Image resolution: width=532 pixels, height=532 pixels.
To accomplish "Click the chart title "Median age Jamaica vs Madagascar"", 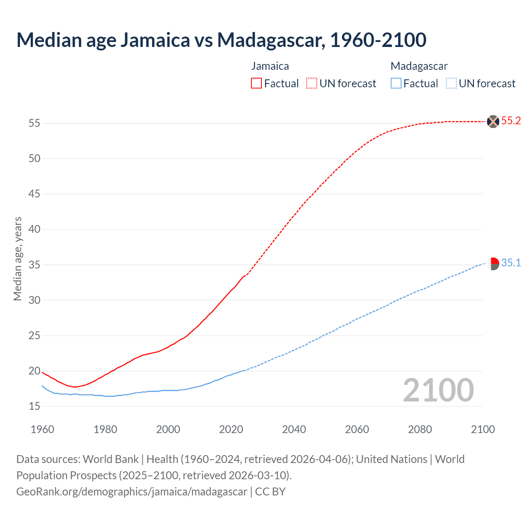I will [x=221, y=40].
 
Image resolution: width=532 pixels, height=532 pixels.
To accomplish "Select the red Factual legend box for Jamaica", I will [x=256, y=83].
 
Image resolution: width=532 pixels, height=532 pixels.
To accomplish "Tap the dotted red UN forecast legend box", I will [x=312, y=83].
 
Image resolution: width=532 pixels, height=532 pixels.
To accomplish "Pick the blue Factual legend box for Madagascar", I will [x=396, y=83].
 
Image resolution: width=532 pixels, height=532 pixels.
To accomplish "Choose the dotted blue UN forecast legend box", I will [x=451, y=83].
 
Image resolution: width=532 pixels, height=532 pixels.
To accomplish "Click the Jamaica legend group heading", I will [x=270, y=66].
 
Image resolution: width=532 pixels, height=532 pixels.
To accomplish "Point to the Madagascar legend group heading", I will [x=419, y=66].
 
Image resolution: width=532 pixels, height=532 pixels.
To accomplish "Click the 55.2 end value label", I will [x=511, y=121].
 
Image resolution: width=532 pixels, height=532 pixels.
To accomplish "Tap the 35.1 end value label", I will [x=511, y=263].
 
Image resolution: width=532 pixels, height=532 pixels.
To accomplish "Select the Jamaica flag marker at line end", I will [x=493, y=121].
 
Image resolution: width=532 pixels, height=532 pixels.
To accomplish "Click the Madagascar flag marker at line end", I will [x=493, y=264].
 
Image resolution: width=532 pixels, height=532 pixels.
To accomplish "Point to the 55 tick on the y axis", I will [x=34, y=123].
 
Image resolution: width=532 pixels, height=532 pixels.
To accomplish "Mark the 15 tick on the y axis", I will [x=34, y=406].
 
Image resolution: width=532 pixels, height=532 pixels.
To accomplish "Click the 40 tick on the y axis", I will [x=34, y=229].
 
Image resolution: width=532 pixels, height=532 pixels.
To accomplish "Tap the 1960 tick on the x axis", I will [x=42, y=429].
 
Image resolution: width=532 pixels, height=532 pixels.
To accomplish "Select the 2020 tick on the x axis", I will [x=231, y=429].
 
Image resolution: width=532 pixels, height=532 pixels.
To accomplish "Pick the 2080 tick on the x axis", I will [x=420, y=429].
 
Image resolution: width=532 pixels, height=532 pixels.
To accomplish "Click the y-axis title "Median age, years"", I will [x=17, y=259].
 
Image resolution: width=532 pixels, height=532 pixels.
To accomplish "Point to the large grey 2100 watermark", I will [x=438, y=390].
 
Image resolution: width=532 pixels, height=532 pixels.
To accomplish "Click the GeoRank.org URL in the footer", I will [x=132, y=492].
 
